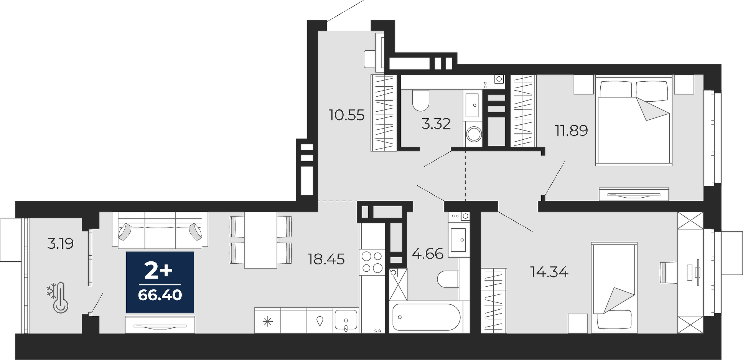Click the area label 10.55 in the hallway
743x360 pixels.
(346, 115)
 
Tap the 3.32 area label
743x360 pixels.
(436, 124)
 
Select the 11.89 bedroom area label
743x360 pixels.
(571, 130)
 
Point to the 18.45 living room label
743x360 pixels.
(326, 259)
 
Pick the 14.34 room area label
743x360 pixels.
(549, 272)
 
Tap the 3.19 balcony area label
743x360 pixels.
(60, 243)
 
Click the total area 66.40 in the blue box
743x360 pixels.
(160, 295)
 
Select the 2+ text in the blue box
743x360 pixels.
(158, 271)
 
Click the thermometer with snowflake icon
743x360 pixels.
(58, 298)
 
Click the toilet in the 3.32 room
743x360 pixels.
(421, 99)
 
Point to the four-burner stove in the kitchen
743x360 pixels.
(372, 262)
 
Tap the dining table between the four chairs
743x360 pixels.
(261, 240)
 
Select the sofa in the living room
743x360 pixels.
(160, 230)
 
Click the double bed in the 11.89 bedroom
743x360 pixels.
(634, 121)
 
